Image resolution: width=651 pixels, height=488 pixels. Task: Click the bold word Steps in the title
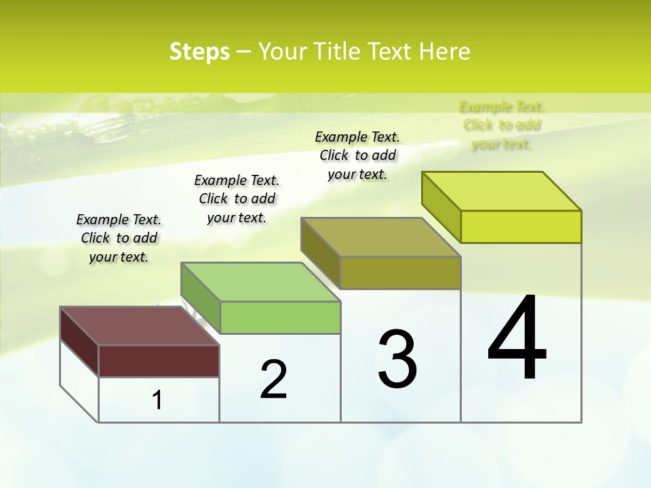(199, 52)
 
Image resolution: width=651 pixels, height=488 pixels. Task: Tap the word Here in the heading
(444, 52)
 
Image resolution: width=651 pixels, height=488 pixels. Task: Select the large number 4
(517, 338)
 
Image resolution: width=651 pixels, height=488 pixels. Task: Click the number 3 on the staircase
(397, 359)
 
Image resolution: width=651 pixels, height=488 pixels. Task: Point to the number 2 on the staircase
(274, 380)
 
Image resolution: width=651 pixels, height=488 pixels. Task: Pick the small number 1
(157, 400)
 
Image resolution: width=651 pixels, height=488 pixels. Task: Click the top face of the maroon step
(139, 326)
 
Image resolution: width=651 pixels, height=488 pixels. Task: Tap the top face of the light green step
(260, 282)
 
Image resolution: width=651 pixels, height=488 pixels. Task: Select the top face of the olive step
(380, 237)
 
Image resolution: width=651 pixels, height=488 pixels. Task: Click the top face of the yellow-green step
(502, 191)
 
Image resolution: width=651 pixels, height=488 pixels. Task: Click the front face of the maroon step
(159, 361)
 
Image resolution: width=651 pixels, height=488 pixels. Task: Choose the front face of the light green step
(280, 317)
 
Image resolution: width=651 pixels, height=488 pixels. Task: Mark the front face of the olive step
(400, 272)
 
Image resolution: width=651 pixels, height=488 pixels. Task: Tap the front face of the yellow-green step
(521, 226)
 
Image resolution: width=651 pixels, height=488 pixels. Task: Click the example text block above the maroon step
(119, 238)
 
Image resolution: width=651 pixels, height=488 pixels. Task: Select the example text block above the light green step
(237, 199)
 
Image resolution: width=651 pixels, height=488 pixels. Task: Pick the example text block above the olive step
(357, 155)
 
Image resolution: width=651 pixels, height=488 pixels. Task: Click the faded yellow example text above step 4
(502, 125)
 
